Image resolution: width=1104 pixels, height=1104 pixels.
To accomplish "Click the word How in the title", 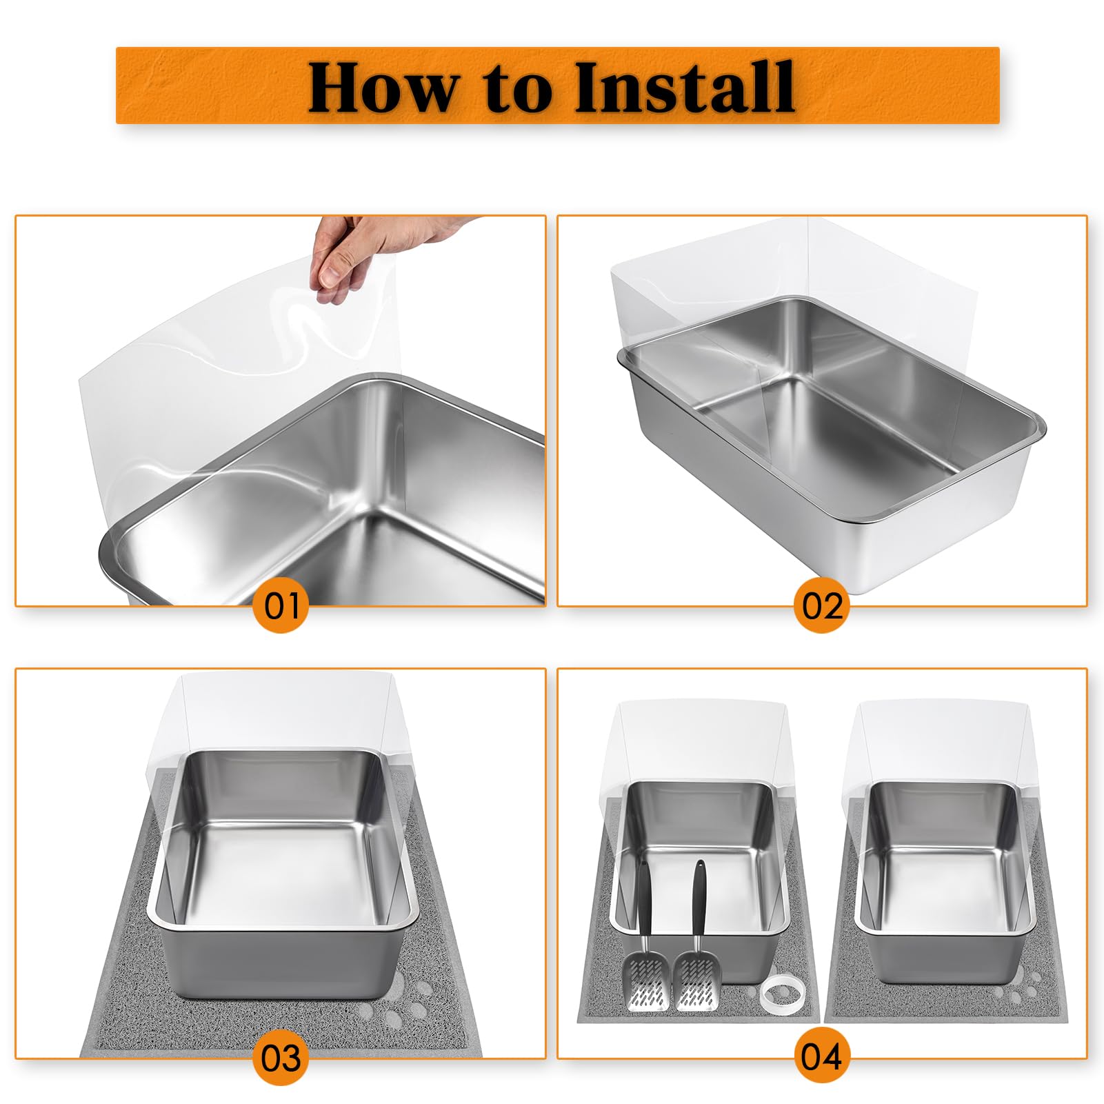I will pyautogui.click(x=381, y=88).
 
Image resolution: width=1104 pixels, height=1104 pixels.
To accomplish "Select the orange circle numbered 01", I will pyautogui.click(x=281, y=607).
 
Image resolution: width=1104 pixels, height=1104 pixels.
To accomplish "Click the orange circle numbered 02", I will pyautogui.click(x=822, y=607).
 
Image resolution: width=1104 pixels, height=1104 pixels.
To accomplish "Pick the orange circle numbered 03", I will pyautogui.click(x=281, y=1058).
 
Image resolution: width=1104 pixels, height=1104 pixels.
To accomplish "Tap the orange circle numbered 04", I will pyautogui.click(x=822, y=1056).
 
